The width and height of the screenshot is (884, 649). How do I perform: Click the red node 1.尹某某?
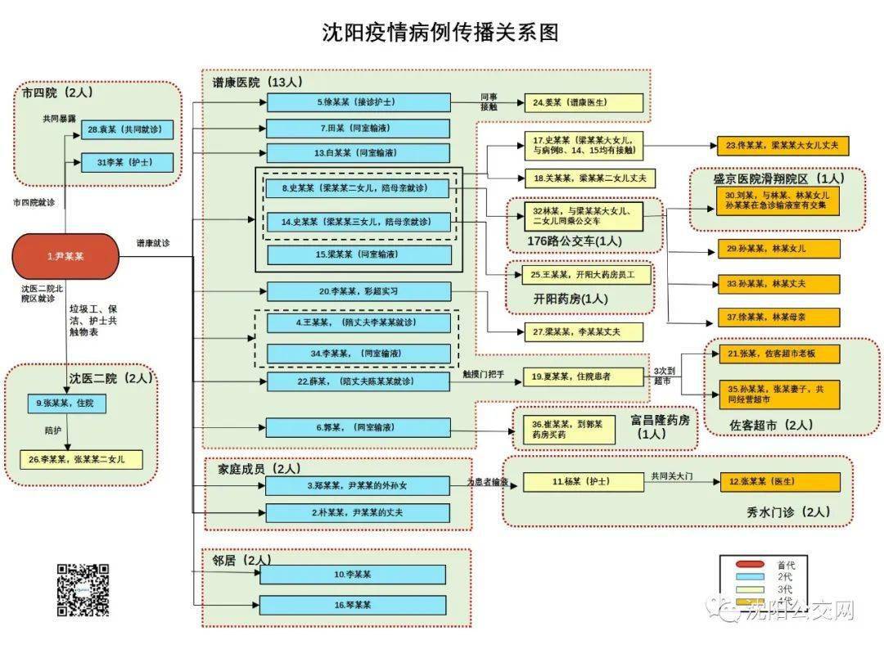[65, 256]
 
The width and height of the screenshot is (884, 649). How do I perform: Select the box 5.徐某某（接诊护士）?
[359, 102]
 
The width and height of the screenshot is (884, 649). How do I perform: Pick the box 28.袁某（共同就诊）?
[127, 129]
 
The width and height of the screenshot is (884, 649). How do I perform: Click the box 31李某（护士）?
[127, 162]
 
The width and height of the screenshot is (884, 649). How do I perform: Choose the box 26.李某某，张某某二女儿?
[81, 459]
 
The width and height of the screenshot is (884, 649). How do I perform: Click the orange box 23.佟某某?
[778, 146]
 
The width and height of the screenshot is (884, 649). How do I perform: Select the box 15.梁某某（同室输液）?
[359, 255]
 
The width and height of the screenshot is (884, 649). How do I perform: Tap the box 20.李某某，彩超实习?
[359, 291]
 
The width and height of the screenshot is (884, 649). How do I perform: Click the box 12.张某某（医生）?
[780, 482]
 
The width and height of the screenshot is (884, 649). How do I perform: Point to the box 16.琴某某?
[353, 605]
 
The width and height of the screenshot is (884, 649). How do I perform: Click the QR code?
[83, 589]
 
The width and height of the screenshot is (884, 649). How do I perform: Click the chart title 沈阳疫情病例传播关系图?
[440, 33]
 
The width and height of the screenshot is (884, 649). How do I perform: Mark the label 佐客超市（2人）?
[771, 425]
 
